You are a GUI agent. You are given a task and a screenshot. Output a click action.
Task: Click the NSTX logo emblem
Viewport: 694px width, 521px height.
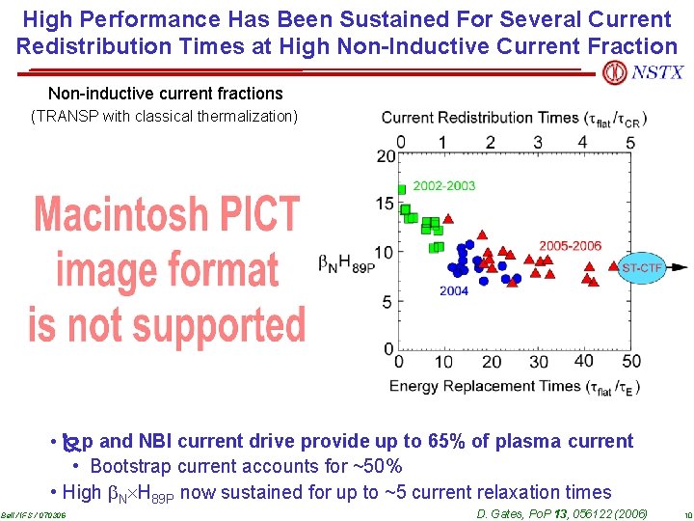(614, 72)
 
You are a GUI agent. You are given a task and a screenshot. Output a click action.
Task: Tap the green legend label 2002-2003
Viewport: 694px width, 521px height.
(444, 185)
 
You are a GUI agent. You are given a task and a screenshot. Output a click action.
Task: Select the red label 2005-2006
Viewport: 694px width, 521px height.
(570, 245)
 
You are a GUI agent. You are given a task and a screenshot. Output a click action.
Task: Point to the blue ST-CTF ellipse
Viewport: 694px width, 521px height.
(642, 266)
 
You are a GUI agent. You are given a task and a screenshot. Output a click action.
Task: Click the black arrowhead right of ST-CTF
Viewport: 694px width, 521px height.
(679, 266)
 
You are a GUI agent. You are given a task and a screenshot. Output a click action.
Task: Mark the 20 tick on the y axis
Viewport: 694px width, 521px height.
(386, 155)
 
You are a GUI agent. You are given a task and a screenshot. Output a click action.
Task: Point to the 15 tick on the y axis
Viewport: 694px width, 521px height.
(386, 204)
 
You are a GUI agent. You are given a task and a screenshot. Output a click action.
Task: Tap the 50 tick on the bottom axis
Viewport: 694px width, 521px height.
(631, 362)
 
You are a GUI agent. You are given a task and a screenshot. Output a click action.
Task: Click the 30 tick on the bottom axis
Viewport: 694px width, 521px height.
(538, 362)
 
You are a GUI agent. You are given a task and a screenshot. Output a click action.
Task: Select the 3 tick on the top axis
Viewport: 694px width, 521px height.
(537, 142)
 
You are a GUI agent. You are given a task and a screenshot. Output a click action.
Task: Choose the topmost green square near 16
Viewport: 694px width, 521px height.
(401, 189)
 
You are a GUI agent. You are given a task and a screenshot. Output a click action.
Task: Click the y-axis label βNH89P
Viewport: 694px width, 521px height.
(346, 261)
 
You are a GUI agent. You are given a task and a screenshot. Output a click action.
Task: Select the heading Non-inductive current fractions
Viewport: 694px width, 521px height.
(165, 94)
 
